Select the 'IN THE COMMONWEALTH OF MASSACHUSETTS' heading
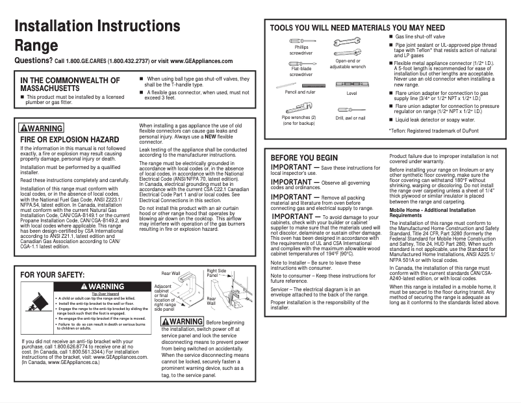(70, 84)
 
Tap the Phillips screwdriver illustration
(301, 41)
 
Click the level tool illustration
(351, 84)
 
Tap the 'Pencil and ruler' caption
(299, 93)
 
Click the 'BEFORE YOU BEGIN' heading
(304, 157)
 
